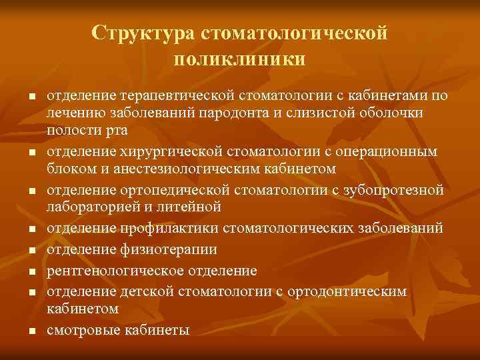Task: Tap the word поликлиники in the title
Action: (240, 59)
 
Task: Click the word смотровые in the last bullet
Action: (77, 330)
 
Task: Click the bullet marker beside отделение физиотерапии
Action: (31, 251)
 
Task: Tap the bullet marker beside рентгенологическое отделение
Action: (31, 272)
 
